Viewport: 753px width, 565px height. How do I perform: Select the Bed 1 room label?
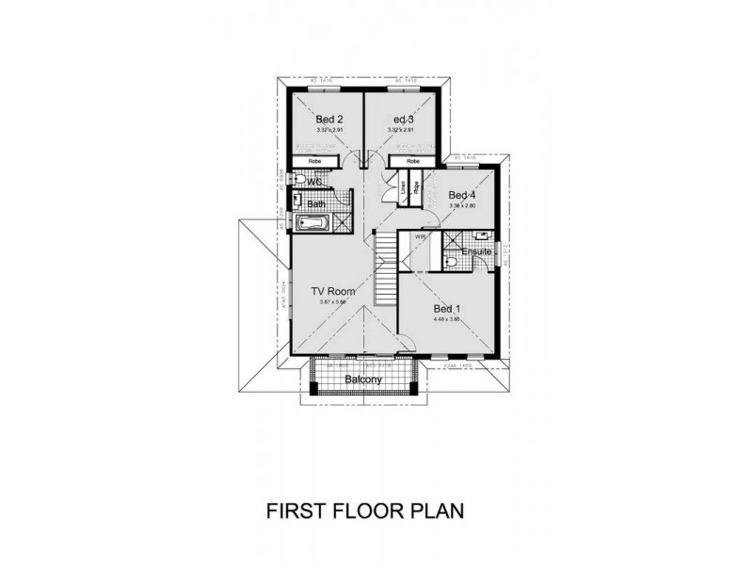point(446,309)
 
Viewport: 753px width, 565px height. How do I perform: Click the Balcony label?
point(362,379)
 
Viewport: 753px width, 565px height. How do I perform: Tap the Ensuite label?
point(476,251)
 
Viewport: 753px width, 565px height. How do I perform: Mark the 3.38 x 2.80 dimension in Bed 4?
point(463,205)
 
